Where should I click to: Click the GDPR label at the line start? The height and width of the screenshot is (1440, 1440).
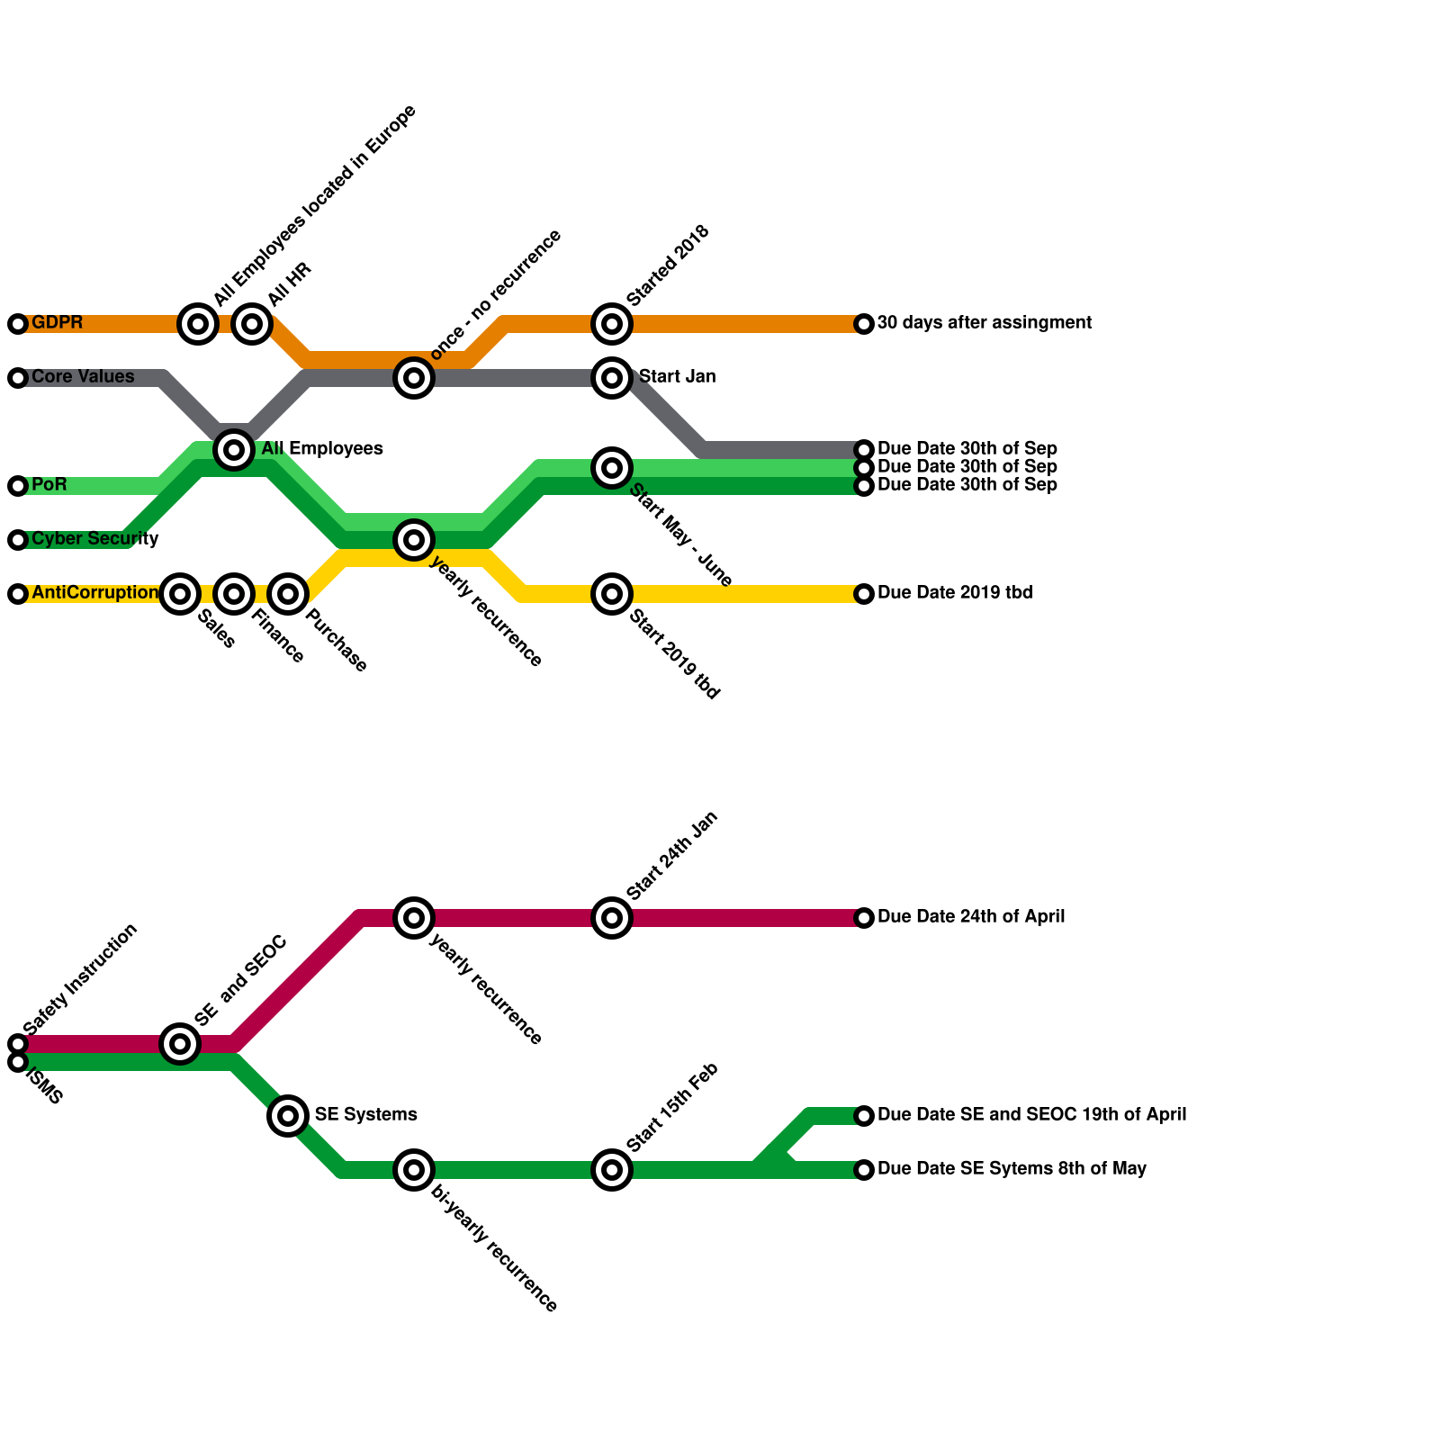click(57, 323)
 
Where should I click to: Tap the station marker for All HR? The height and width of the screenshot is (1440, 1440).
click(252, 324)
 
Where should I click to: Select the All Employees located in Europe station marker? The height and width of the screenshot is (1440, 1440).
click(198, 324)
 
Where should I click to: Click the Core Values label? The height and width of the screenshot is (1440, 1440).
click(83, 377)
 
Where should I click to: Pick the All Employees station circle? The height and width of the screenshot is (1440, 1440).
click(234, 449)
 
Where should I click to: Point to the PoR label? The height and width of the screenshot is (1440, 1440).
click(49, 485)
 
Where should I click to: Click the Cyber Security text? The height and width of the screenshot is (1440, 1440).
click(94, 539)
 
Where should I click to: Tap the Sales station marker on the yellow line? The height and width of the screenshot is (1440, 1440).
click(180, 594)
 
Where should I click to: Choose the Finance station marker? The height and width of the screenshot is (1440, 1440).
click(234, 594)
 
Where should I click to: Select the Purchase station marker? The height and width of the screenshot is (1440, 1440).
click(288, 594)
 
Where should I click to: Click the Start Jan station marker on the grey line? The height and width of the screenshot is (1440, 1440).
click(612, 378)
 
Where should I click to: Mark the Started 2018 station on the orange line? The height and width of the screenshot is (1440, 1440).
click(612, 324)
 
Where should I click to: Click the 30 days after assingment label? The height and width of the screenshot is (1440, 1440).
click(984, 323)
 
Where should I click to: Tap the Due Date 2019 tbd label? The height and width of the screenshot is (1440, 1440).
click(954, 593)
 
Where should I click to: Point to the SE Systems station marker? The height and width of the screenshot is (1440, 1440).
click(288, 1116)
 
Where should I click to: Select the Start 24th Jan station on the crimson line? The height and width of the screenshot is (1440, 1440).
click(612, 918)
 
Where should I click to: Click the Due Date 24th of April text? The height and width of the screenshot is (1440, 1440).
click(970, 917)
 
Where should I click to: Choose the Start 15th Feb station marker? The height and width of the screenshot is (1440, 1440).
click(612, 1170)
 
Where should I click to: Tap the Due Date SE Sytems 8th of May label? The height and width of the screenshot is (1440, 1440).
click(1011, 1169)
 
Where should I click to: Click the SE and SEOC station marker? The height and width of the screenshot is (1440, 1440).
click(180, 1044)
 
